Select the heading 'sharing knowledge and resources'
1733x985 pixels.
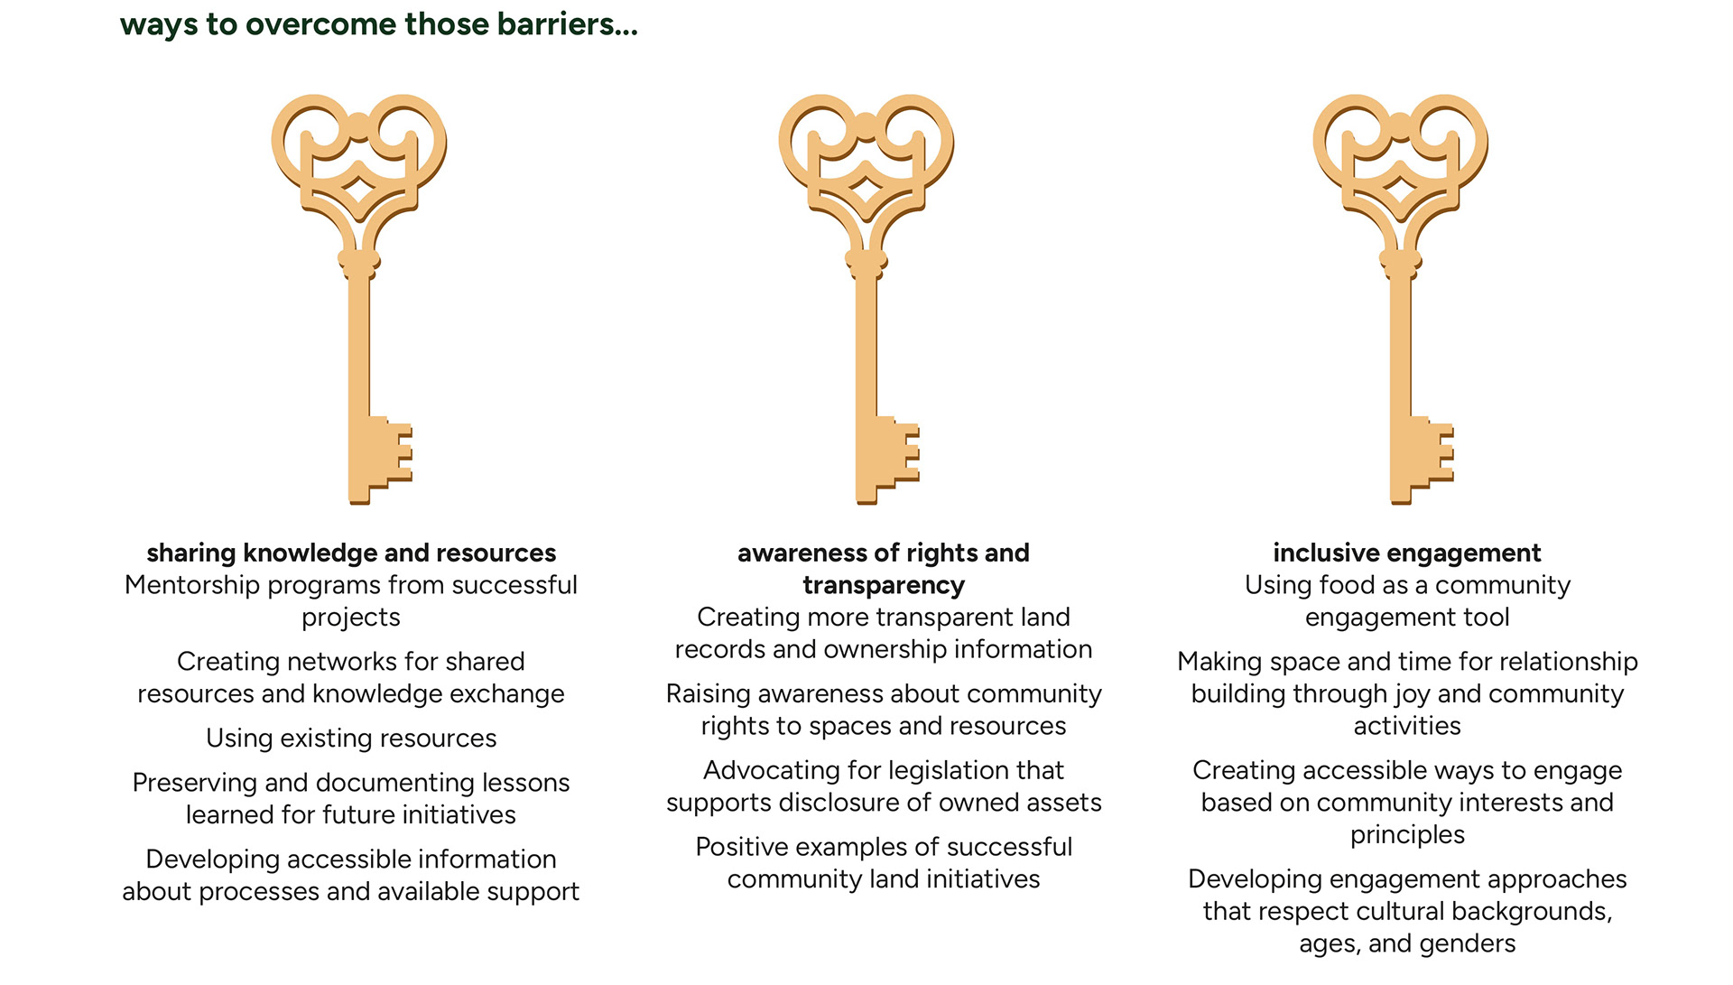[351, 553]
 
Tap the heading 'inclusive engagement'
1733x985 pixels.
[1407, 553]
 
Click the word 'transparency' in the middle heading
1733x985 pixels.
[884, 585]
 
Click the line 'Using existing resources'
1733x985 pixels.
[351, 739]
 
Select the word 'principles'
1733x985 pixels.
[1407, 835]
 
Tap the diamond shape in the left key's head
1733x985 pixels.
[359, 190]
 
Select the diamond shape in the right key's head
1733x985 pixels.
[1400, 190]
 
